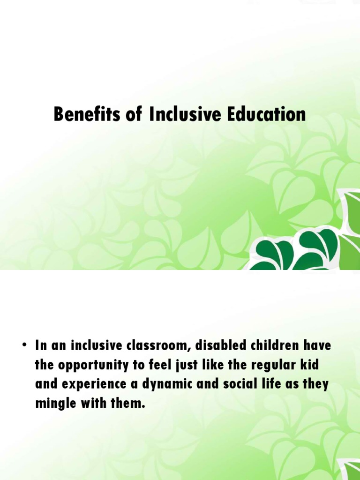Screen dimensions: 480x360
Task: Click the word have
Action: pyautogui.click(x=315, y=346)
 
